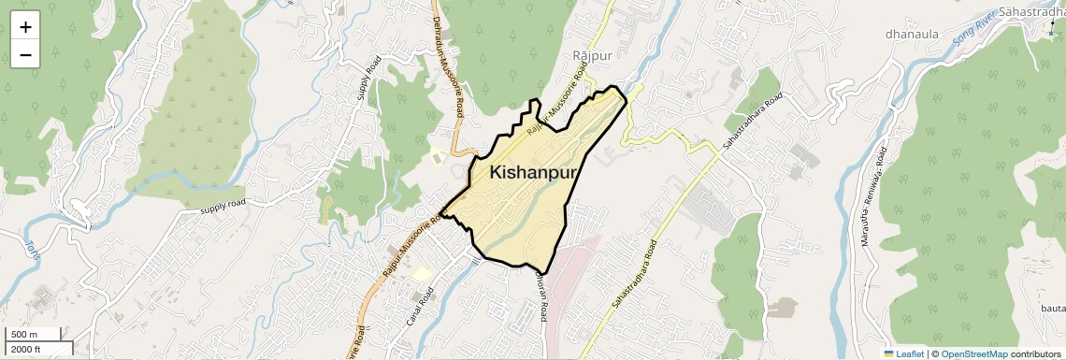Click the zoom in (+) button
coord(25,27)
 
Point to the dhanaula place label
coord(912,35)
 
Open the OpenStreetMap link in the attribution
coord(973,353)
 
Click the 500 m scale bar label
coord(24,335)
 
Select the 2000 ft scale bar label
coord(28,349)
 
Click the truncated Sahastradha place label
coord(1031,10)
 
